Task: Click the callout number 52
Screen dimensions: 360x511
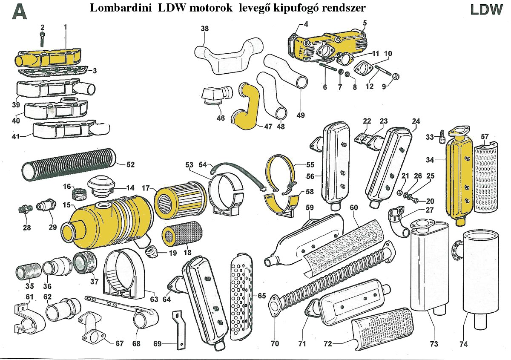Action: tap(130, 164)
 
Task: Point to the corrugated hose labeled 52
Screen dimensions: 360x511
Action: tap(68, 164)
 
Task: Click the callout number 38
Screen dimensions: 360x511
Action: tap(205, 29)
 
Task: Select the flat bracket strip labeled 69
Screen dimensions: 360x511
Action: tap(178, 330)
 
